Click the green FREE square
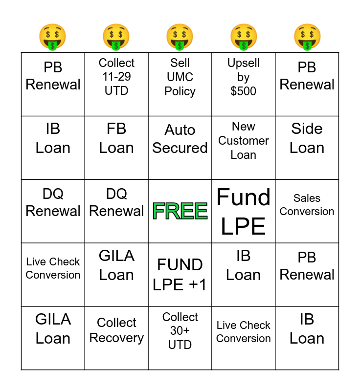[180, 211]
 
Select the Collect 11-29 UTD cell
[116, 84]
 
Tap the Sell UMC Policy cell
[180, 84]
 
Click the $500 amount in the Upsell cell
[243, 91]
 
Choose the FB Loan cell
[116, 148]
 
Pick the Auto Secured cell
[180, 148]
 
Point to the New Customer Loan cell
[244, 148]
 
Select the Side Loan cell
[307, 148]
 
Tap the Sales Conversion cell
[307, 211]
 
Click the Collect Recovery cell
[116, 338]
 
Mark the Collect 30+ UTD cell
[180, 338]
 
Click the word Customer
[244, 141]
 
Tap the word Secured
[180, 148]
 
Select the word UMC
[180, 77]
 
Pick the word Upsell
[244, 63]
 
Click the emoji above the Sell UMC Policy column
[180, 37]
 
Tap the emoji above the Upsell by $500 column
[244, 37]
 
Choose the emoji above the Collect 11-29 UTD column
[116, 37]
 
